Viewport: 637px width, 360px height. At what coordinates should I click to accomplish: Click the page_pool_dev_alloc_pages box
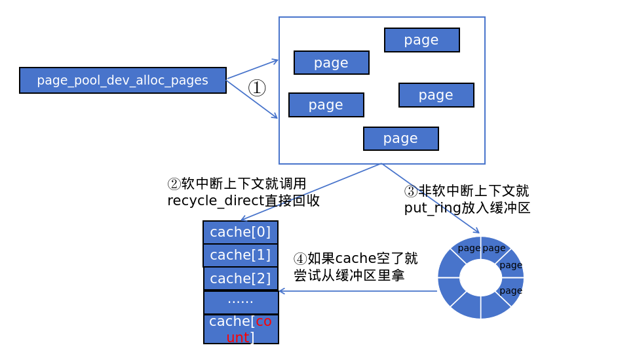click(x=123, y=80)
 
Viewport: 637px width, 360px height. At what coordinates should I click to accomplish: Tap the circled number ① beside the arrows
click(x=257, y=87)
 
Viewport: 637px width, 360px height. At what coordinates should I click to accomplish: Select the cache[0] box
click(x=240, y=232)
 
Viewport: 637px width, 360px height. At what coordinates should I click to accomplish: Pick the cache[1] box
click(x=240, y=255)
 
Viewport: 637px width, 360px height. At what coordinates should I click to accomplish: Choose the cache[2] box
click(x=240, y=278)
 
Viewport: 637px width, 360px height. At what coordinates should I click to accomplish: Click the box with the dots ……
click(x=241, y=302)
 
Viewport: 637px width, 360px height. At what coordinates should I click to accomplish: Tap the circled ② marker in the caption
click(x=174, y=184)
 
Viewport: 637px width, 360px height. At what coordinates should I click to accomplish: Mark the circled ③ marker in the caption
click(x=410, y=191)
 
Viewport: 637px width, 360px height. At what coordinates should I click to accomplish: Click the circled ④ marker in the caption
click(x=299, y=258)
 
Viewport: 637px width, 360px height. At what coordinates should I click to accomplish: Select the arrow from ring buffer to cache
click(x=357, y=291)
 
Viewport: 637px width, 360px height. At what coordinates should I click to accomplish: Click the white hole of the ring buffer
click(x=480, y=277)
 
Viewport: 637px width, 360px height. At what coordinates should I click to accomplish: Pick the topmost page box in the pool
click(x=421, y=40)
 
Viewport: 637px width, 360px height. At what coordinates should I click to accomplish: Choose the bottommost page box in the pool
click(x=400, y=138)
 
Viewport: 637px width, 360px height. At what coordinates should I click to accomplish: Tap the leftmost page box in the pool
click(x=326, y=105)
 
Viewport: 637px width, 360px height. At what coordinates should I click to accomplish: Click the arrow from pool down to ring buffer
click(x=431, y=198)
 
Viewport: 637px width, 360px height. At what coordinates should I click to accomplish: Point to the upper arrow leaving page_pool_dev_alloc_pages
click(x=252, y=70)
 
